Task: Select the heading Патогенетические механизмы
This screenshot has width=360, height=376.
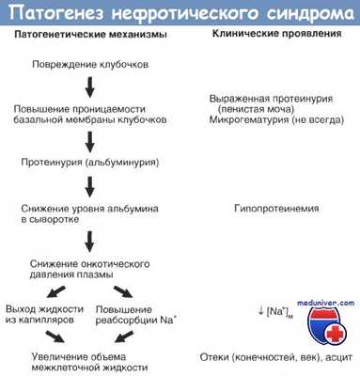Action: coord(88,35)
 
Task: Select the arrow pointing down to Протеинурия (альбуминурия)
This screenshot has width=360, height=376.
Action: coord(88,139)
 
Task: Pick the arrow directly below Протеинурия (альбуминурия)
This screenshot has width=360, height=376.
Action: coord(88,183)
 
